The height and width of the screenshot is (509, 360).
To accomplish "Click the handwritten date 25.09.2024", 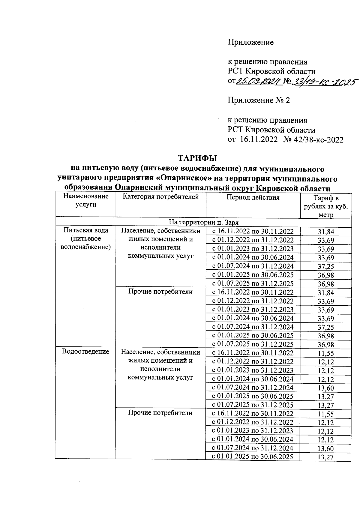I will pyautogui.click(x=259, y=81).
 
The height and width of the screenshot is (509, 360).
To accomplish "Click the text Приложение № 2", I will pyautogui.click(x=259, y=100).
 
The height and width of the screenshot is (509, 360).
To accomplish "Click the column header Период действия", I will pyautogui.click(x=253, y=197).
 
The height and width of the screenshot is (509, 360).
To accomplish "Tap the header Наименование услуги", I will pyautogui.click(x=86, y=200).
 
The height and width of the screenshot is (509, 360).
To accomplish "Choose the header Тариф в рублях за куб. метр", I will pyautogui.click(x=326, y=206).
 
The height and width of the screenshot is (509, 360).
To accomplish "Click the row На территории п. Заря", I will pyautogui.click(x=203, y=222).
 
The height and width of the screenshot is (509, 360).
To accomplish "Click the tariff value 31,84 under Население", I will pyautogui.click(x=326, y=232).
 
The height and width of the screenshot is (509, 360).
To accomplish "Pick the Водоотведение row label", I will pyautogui.click(x=85, y=351).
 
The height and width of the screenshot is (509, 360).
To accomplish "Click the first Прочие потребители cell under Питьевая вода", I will pyautogui.click(x=160, y=292).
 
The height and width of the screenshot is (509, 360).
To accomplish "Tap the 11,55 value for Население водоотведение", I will pyautogui.click(x=326, y=354).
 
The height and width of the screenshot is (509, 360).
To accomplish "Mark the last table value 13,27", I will pyautogui.click(x=326, y=457).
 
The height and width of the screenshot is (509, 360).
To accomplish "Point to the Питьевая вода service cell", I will pyautogui.click(x=86, y=238).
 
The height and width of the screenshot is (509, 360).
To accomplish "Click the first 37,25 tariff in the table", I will pyautogui.click(x=326, y=267).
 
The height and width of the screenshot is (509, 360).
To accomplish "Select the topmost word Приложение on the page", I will pyautogui.click(x=250, y=42).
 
